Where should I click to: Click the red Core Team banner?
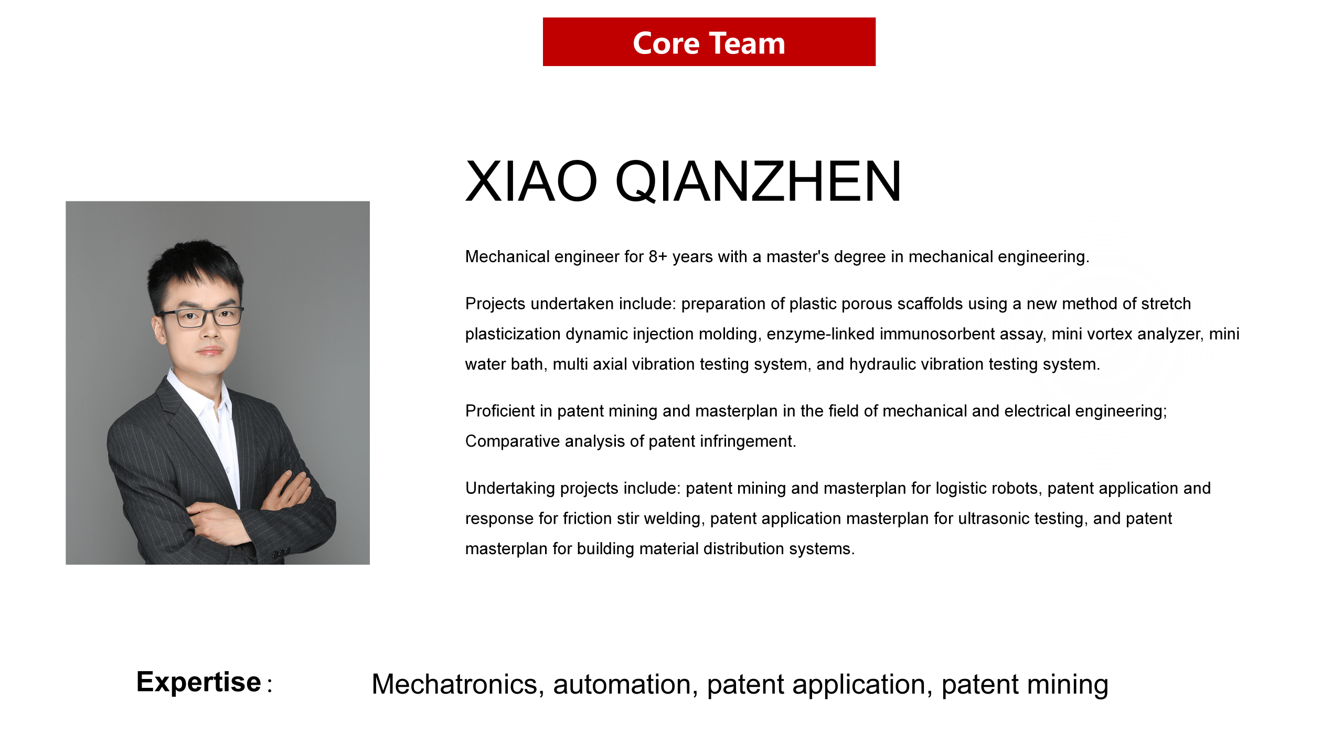pyautogui.click(x=709, y=42)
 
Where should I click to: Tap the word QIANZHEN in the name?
pyautogui.click(x=758, y=181)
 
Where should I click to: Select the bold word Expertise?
pyautogui.click(x=199, y=682)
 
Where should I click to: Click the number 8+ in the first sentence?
pyautogui.click(x=658, y=256)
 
